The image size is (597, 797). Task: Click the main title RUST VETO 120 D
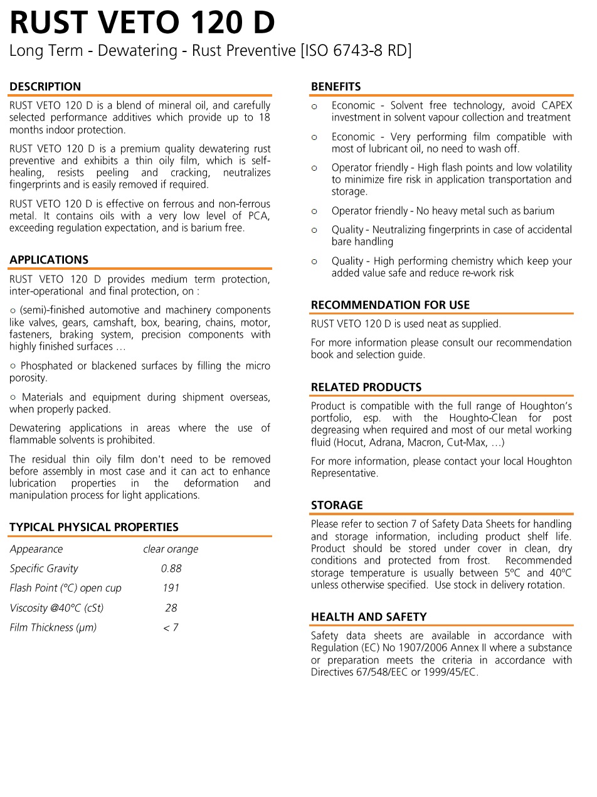(x=142, y=23)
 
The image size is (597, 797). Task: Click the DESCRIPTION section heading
(x=45, y=87)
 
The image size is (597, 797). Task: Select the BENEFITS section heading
(x=336, y=87)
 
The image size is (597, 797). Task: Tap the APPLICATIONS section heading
(x=49, y=260)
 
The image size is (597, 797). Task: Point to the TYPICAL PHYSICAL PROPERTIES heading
(x=94, y=527)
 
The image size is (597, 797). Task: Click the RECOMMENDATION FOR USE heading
(x=390, y=305)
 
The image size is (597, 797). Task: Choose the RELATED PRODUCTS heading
(x=366, y=387)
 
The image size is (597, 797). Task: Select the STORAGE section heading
(x=337, y=505)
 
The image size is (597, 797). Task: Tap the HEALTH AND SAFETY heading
(x=369, y=617)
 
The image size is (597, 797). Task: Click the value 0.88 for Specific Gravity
(x=171, y=569)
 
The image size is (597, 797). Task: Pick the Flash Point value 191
(x=171, y=588)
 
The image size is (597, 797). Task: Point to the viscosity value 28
(x=171, y=608)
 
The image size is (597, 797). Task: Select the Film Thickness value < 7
(x=171, y=628)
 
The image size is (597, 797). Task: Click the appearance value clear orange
(x=171, y=549)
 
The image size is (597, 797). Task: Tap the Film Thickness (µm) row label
(x=53, y=628)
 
